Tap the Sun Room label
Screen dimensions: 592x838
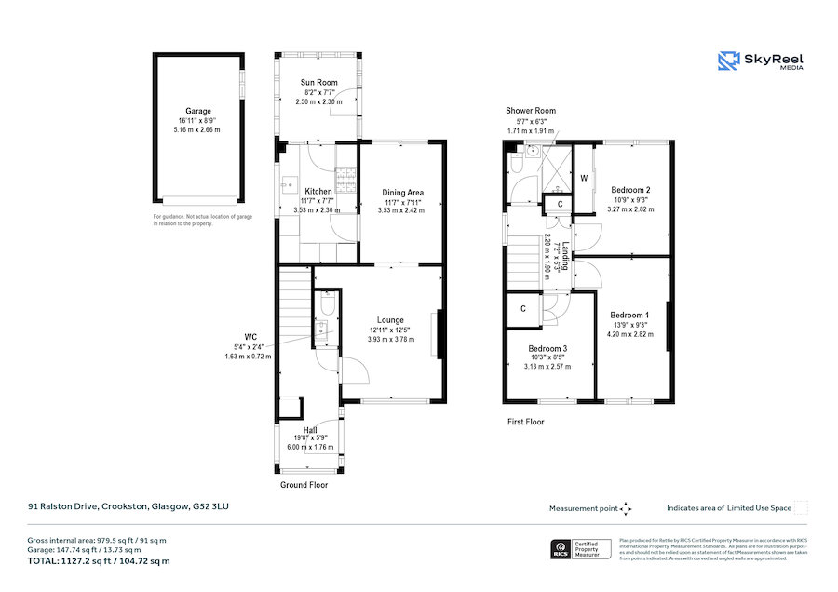(x=318, y=83)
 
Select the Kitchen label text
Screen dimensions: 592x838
(x=318, y=192)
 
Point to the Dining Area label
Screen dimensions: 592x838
(x=402, y=193)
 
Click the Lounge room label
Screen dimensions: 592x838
(x=390, y=319)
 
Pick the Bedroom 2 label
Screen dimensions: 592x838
(x=630, y=191)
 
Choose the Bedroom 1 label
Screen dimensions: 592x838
(x=630, y=315)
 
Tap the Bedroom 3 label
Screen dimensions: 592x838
(x=547, y=348)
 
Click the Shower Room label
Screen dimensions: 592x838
(x=531, y=111)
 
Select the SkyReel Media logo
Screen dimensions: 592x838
(x=761, y=61)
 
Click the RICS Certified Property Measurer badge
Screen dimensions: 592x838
(x=581, y=548)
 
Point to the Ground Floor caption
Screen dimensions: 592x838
(x=304, y=485)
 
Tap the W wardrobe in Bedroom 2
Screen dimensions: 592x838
(x=584, y=178)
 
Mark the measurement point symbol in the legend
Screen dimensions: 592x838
(x=626, y=508)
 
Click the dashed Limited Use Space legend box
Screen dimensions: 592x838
(x=801, y=508)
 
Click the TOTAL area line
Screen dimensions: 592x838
(x=98, y=561)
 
